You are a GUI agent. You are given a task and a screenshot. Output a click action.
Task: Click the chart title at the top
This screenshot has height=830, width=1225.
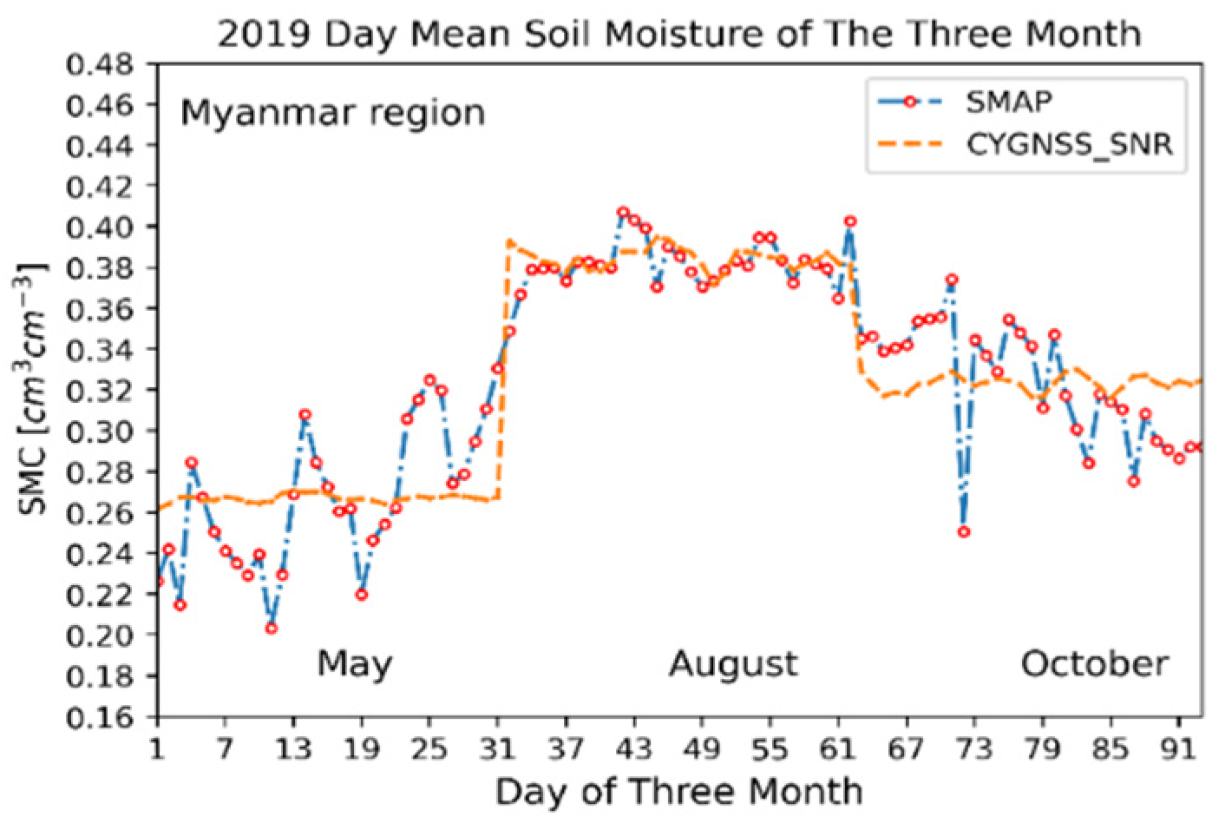678,34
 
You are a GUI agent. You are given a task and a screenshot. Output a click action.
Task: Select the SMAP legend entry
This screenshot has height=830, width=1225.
1008,102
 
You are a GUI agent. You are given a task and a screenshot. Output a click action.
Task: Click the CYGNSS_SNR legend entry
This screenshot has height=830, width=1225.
1069,145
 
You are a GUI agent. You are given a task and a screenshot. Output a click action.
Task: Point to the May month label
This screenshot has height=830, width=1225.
354,664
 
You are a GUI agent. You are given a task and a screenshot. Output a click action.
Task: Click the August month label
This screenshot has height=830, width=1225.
732,664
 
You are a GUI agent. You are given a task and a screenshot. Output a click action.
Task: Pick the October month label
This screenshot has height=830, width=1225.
1093,664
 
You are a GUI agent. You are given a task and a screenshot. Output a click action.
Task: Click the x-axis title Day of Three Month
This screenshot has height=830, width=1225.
678,791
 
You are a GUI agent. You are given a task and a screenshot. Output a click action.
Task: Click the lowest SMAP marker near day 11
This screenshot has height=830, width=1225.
272,628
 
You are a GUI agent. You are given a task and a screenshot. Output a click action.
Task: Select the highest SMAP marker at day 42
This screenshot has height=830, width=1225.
623,212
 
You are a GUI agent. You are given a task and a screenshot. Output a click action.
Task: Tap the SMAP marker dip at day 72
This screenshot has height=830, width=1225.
963,531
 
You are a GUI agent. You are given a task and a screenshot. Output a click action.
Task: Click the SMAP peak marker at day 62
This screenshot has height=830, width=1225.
850,221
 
